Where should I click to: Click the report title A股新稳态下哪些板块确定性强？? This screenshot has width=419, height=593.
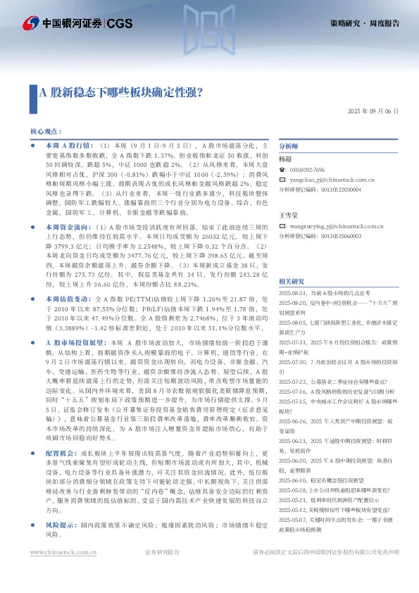coord(120,92)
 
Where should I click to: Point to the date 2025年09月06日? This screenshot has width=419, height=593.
coord(373,112)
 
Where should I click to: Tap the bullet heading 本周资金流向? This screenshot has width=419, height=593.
coord(67,208)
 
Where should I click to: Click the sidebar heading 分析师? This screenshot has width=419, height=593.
coord(289,146)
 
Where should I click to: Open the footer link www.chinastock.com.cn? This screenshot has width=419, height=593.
coord(63,573)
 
